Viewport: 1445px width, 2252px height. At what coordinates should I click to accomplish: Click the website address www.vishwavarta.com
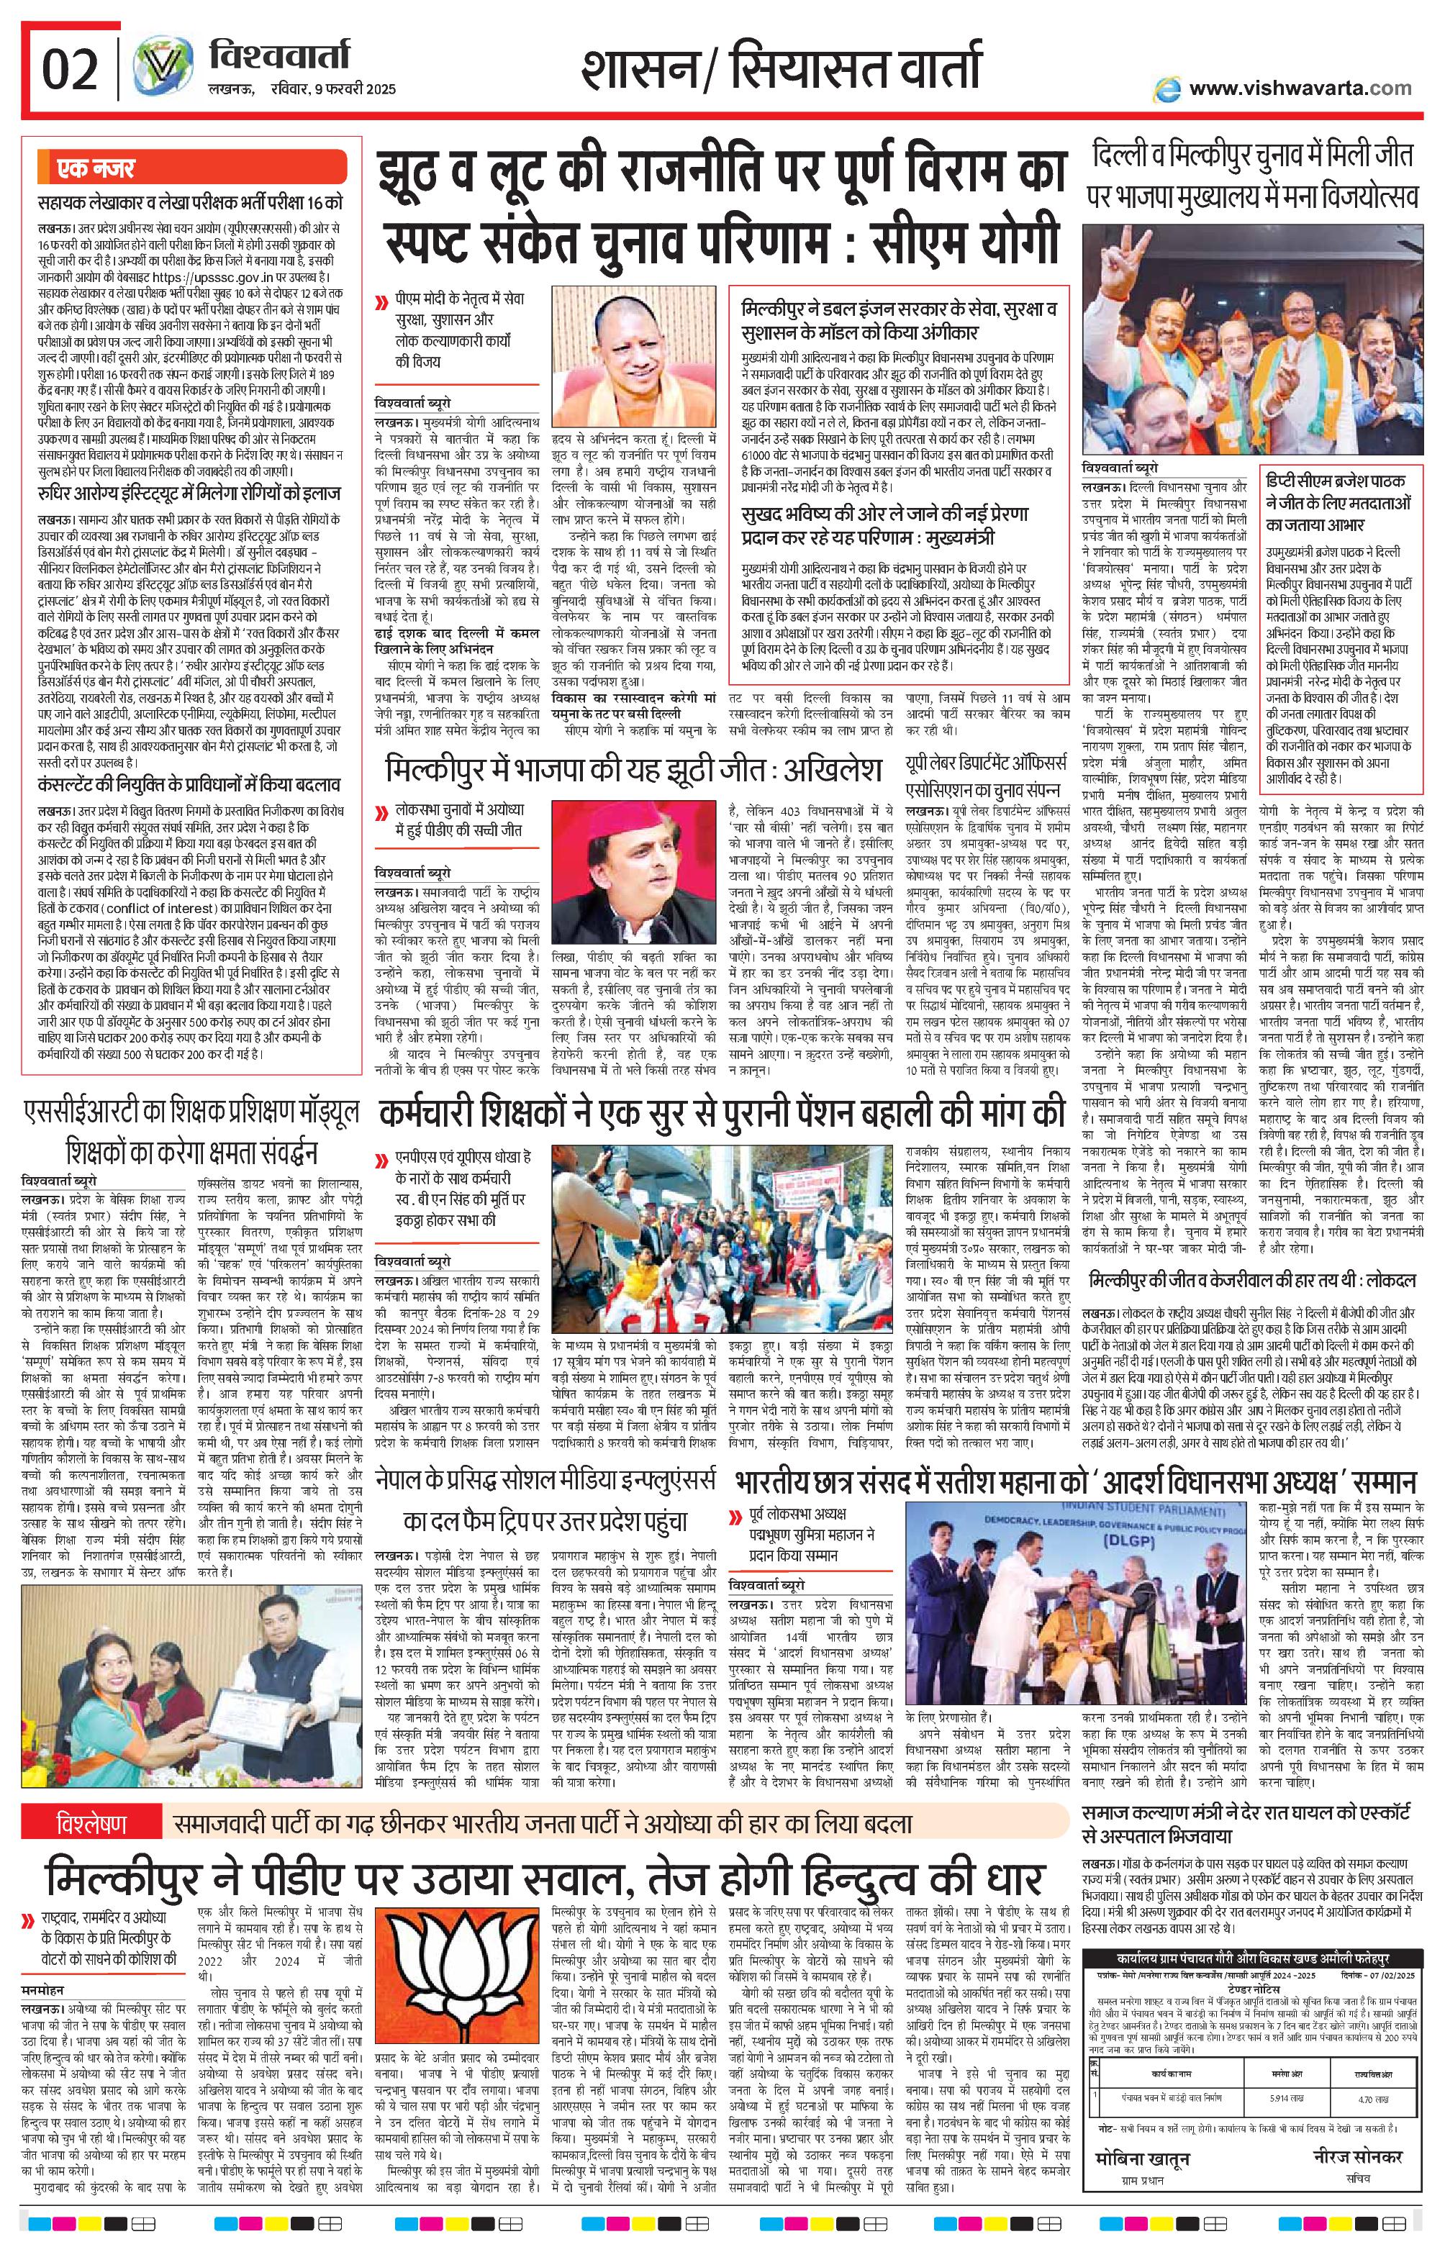pyautogui.click(x=1300, y=88)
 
